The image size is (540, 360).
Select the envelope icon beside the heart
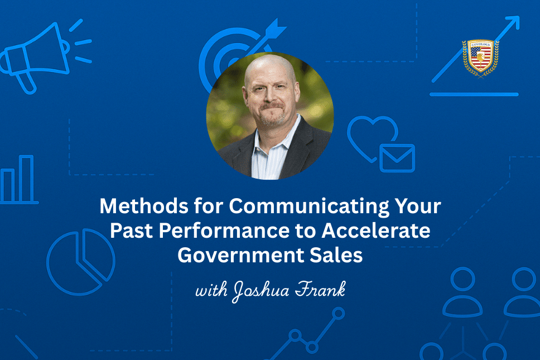397,158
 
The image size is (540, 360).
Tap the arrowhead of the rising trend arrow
513,22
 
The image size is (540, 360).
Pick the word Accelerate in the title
376,231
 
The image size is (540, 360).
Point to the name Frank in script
320,289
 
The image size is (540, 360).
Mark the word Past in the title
131,231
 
